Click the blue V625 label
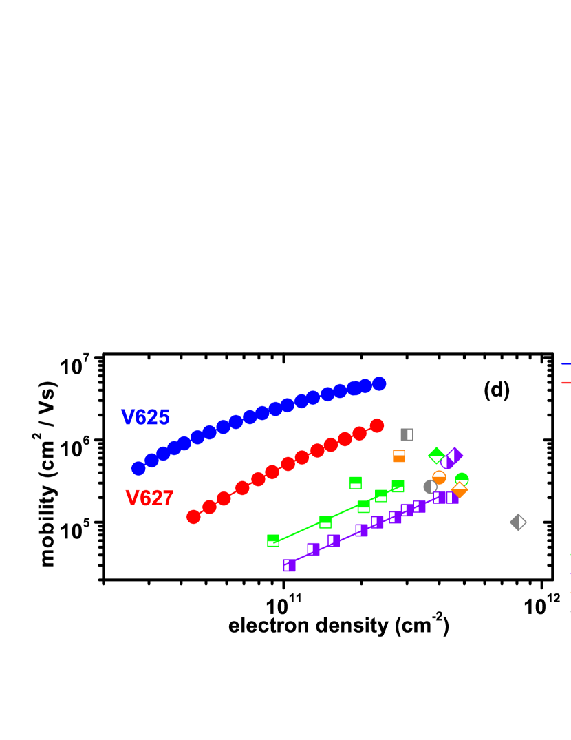pos(145,417)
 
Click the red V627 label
pos(149,498)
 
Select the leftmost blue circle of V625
pos(138,468)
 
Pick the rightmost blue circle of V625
pos(379,383)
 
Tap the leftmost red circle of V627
pos(193,517)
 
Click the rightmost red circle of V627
pos(377,425)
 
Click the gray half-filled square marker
pos(407,434)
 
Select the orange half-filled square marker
pos(399,456)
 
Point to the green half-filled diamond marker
pos(436,455)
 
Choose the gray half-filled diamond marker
pos(518,522)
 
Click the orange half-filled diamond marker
pos(460,490)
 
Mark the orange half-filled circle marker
pos(439,477)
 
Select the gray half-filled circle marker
pos(430,487)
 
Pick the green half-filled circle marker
pos(462,479)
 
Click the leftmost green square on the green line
pos(273,540)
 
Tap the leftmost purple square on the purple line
pos(289,565)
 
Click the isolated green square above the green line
pos(356,483)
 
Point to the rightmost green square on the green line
pos(398,486)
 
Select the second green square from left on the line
pos(325,522)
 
